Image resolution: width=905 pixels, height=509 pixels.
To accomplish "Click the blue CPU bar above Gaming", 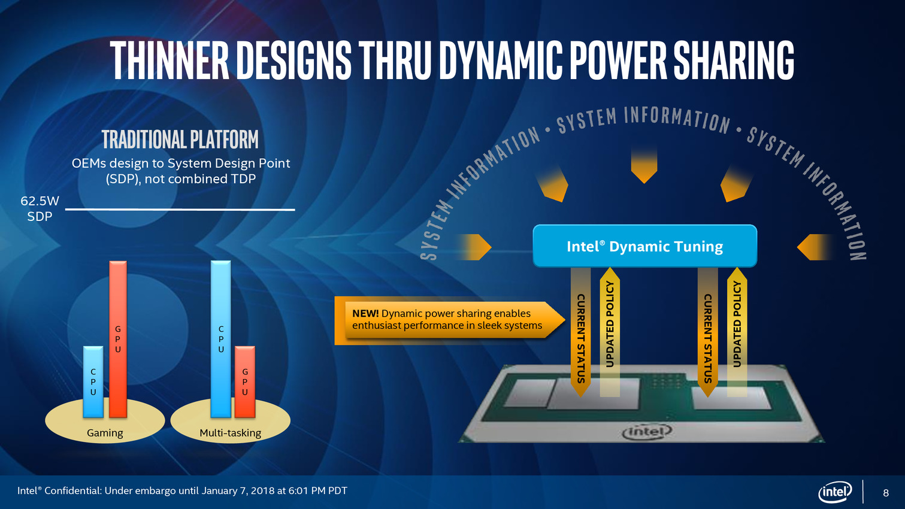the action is pyautogui.click(x=93, y=382).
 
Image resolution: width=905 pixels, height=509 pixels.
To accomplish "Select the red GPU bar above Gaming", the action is pyautogui.click(x=118, y=340).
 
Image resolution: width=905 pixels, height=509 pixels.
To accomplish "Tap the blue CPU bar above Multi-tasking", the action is pyautogui.click(x=220, y=339).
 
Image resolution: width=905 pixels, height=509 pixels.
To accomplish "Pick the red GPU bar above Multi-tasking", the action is pyautogui.click(x=245, y=382).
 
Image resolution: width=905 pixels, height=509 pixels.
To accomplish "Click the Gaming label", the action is pyautogui.click(x=105, y=433).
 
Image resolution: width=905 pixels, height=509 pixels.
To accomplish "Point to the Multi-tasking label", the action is pyautogui.click(x=230, y=433).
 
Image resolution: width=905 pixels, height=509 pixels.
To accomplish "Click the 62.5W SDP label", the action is pyautogui.click(x=40, y=208).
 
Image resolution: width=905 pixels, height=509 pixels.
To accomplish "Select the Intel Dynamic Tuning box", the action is pyautogui.click(x=645, y=246).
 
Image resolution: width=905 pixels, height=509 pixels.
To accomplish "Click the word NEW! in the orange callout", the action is pyautogui.click(x=365, y=313).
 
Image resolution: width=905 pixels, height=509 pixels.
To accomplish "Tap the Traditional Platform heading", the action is pyautogui.click(x=180, y=140).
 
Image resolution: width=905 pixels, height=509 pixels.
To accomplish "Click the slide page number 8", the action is pyautogui.click(x=886, y=493).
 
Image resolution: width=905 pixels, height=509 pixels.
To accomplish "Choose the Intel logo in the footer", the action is pyautogui.click(x=835, y=492).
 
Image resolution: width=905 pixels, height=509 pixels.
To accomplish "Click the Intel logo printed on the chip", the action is pyautogui.click(x=647, y=432).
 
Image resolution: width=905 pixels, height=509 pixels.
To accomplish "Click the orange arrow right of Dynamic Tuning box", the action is pyautogui.click(x=815, y=247).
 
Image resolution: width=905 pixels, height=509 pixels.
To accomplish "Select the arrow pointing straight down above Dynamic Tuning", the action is pyautogui.click(x=644, y=166).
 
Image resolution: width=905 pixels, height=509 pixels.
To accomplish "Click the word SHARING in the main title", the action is pyautogui.click(x=734, y=60).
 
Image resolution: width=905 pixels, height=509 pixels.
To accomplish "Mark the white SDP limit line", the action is pyautogui.click(x=180, y=209).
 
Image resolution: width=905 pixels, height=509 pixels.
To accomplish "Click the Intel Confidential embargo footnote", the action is pyautogui.click(x=182, y=491).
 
